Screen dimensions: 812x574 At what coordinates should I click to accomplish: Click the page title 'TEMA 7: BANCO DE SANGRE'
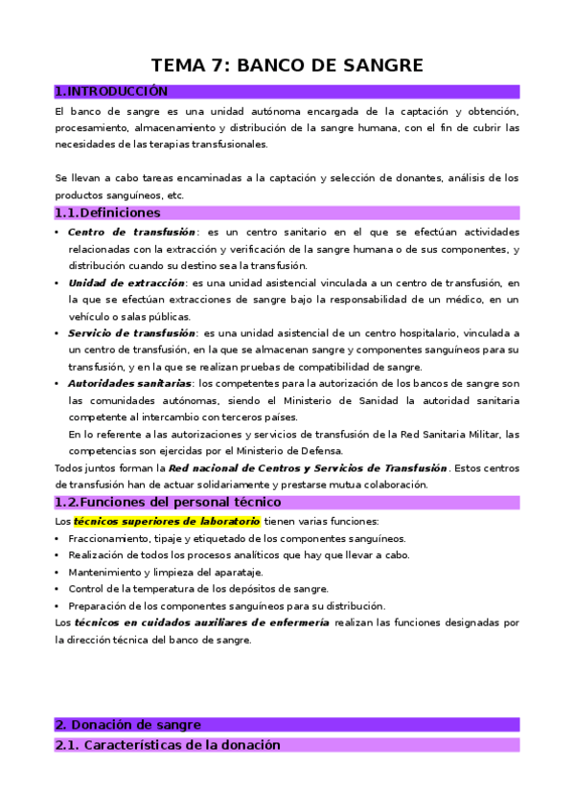(x=287, y=66)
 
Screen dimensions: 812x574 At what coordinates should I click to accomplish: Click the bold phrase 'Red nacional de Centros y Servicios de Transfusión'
(x=308, y=467)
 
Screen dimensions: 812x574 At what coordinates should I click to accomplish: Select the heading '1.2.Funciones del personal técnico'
(x=168, y=502)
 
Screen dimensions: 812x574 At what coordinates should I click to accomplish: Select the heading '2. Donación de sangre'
(x=127, y=725)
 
